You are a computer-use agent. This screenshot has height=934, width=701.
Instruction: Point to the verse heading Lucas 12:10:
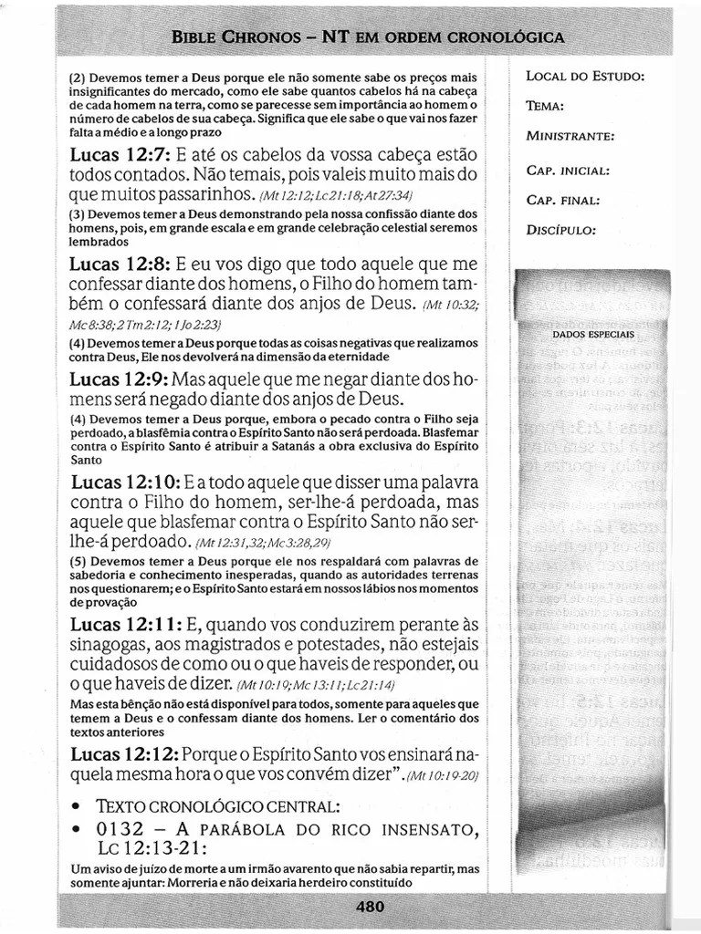(x=125, y=481)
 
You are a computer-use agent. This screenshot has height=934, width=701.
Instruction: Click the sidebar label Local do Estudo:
(x=585, y=76)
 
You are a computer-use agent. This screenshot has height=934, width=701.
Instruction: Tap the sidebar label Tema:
(x=545, y=106)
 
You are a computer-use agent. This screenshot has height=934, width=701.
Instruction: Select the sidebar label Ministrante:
(x=570, y=137)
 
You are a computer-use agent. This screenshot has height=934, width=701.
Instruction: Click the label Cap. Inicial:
(x=568, y=171)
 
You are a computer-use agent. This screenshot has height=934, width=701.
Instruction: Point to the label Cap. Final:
(x=563, y=200)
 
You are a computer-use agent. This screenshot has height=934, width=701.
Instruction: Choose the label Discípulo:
(x=561, y=230)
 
